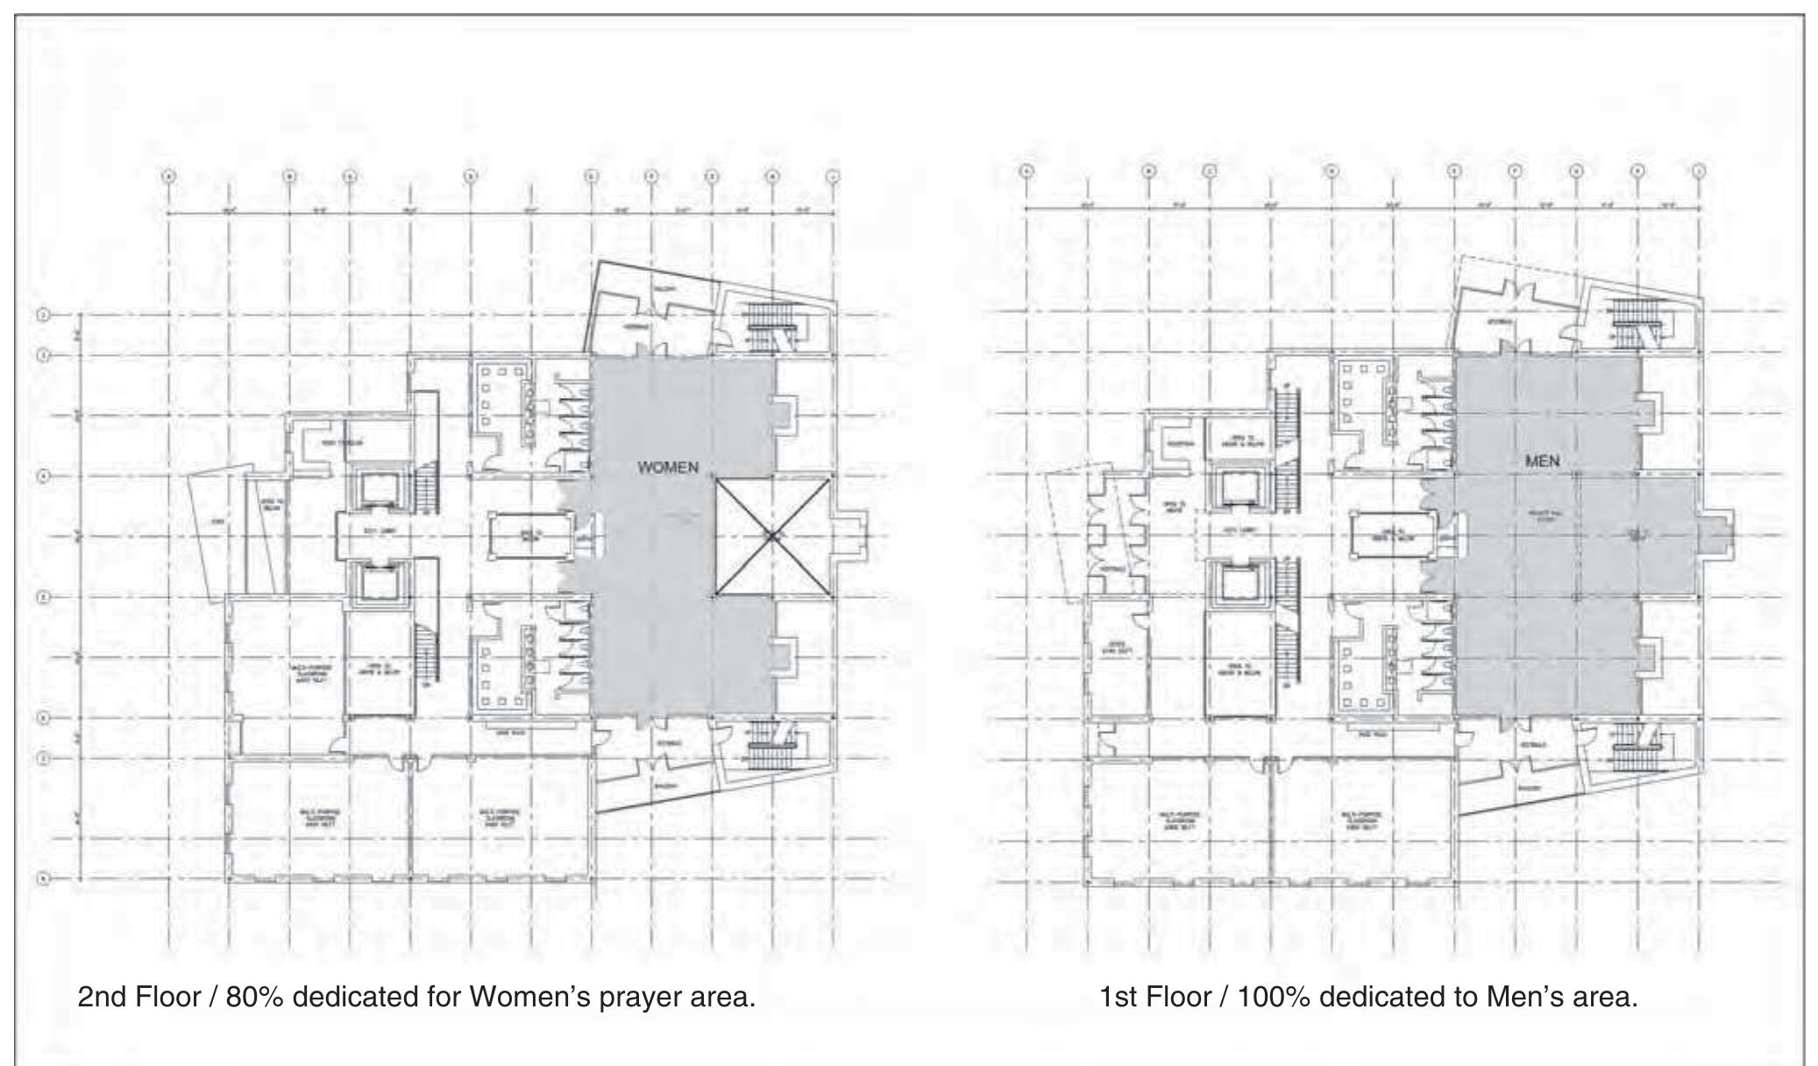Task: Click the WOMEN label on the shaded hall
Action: coord(668,467)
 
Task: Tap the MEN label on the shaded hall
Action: coord(1542,460)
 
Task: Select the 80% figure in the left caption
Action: coord(254,997)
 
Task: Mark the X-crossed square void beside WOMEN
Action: coord(771,536)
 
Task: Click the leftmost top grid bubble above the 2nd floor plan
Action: coord(168,176)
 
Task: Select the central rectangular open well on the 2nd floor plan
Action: coord(529,536)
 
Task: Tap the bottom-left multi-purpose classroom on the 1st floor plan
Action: coord(1177,821)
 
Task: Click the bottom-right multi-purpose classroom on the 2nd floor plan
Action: coord(500,818)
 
